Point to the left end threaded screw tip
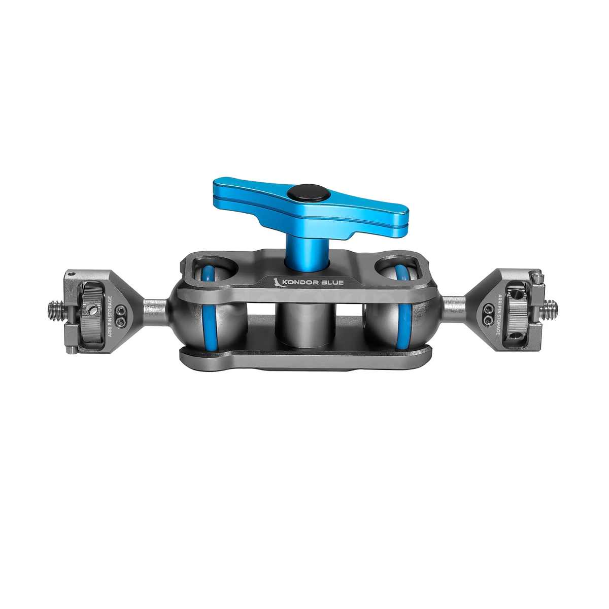[x=52, y=308]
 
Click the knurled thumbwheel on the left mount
[x=93, y=307]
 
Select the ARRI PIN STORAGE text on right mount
[x=498, y=315]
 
